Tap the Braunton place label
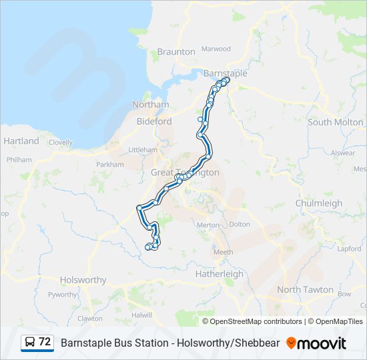click(176, 51)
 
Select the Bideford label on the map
click(154, 121)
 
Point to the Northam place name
click(150, 105)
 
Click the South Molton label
click(336, 122)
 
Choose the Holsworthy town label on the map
click(83, 280)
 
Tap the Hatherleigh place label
click(220, 274)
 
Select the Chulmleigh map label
click(318, 203)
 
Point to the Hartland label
click(21, 141)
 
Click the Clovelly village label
click(60, 142)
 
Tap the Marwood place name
click(216, 49)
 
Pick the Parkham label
click(110, 164)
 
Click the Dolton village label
click(239, 225)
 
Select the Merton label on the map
click(208, 225)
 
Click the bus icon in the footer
click(30, 342)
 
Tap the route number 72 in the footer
click(45, 342)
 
